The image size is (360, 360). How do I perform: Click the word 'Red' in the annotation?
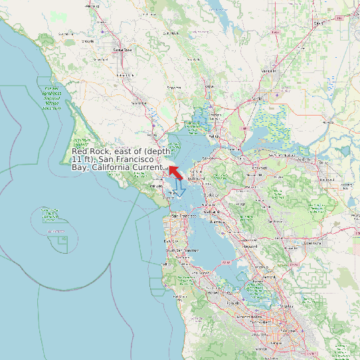[x=80, y=152]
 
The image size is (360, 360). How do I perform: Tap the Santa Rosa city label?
[x=122, y=50]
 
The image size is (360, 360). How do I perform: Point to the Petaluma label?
[x=139, y=103]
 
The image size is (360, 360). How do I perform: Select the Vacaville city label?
[x=269, y=70]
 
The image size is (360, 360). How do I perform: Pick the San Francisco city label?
[x=183, y=216]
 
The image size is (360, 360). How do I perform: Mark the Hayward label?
[x=250, y=246]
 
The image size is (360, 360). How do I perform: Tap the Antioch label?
[x=305, y=159]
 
